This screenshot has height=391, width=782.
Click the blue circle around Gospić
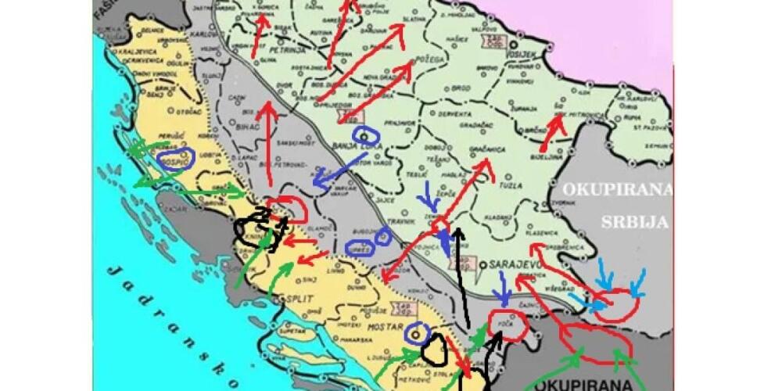point(175,160)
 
